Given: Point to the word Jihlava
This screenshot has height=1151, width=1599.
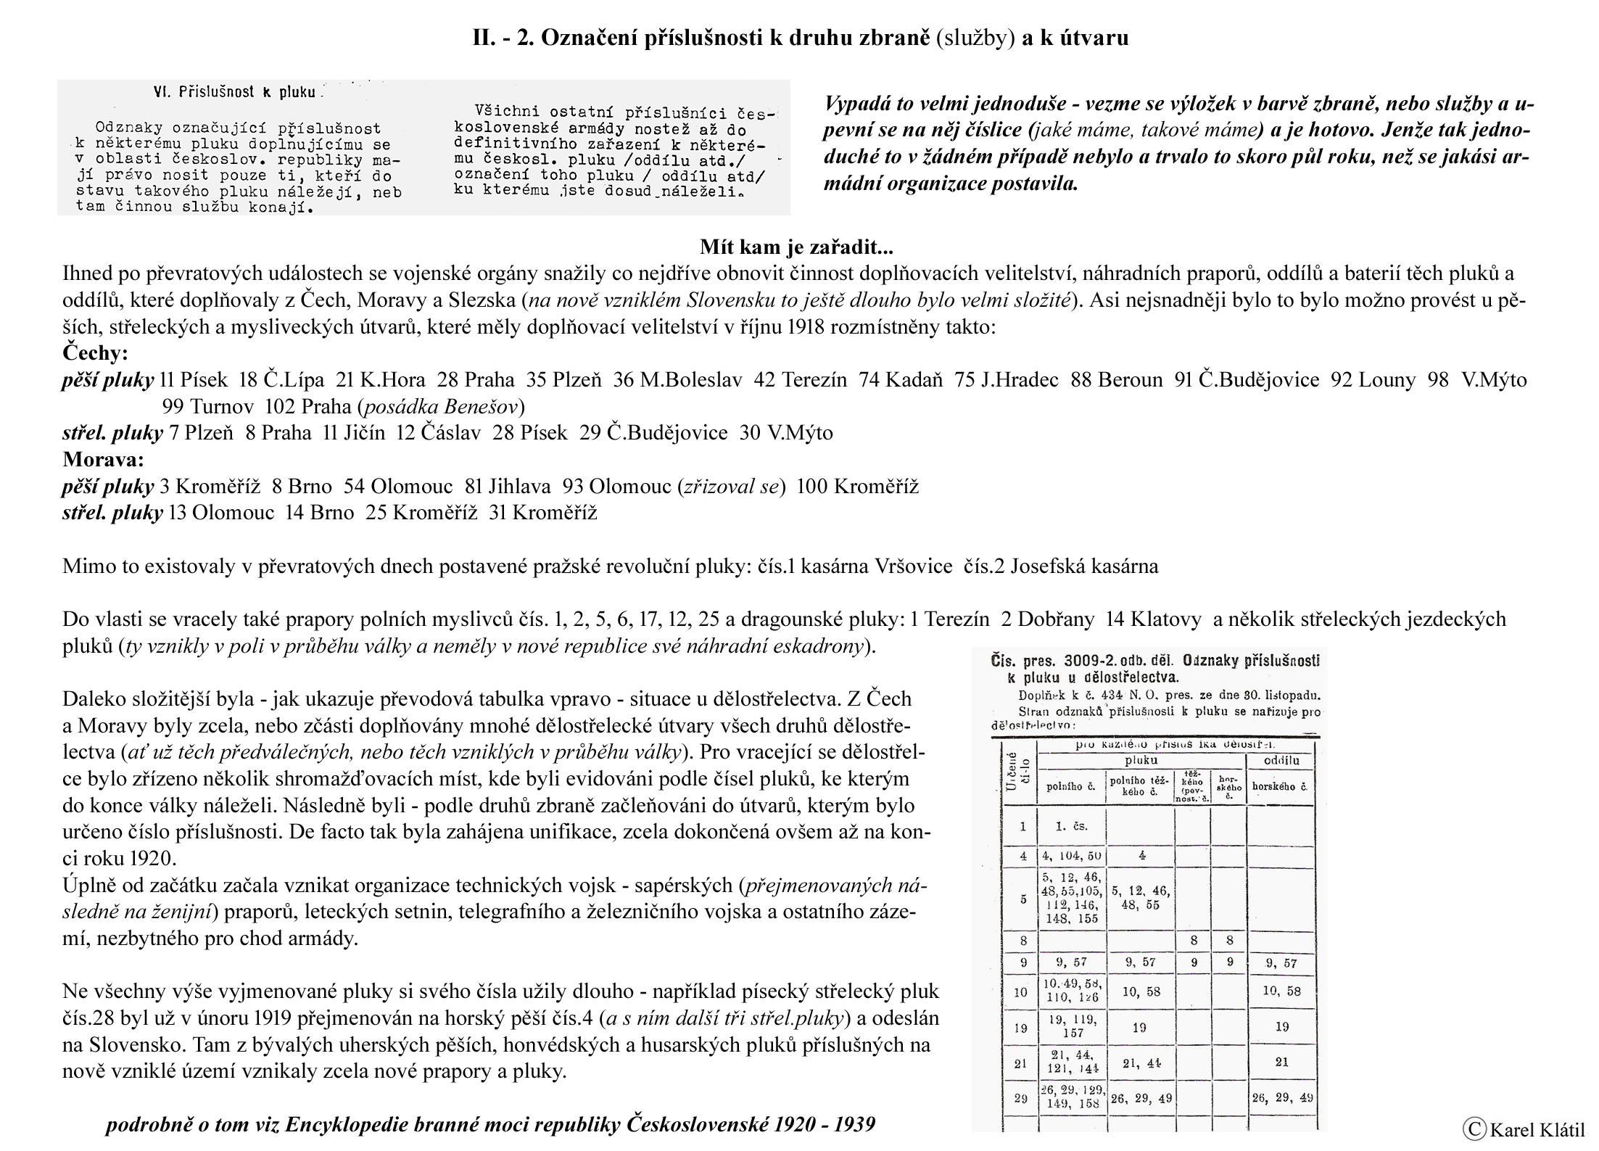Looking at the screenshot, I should (x=519, y=486).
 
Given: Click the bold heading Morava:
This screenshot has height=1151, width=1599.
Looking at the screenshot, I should (x=103, y=459).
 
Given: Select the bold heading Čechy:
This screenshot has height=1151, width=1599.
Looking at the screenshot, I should (x=95, y=353).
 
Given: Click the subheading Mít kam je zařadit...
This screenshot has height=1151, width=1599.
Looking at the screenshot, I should (x=796, y=247).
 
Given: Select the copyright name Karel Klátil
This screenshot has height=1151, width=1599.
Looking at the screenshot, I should (x=1537, y=1130).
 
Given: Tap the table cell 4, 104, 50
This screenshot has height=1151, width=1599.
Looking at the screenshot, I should (x=1071, y=856).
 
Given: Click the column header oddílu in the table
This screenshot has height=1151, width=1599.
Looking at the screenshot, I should (x=1281, y=761).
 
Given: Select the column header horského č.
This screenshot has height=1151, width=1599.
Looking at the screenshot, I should (x=1281, y=785).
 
